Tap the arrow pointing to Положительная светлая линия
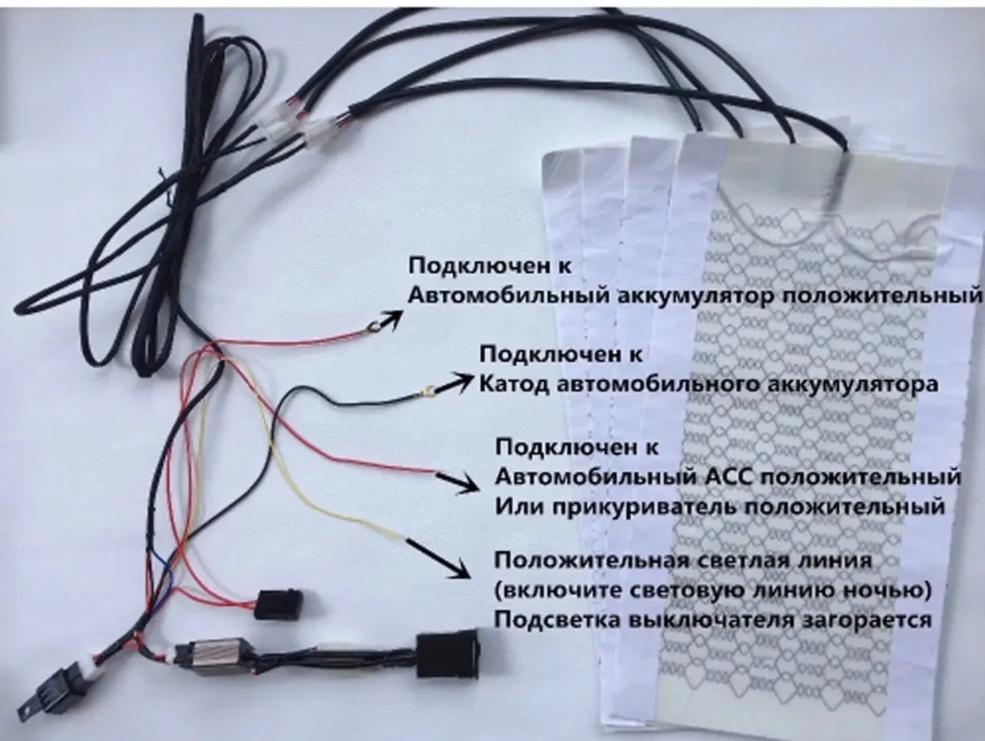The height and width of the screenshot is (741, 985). pos(439,559)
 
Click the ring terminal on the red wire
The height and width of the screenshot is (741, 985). pos(370,324)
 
